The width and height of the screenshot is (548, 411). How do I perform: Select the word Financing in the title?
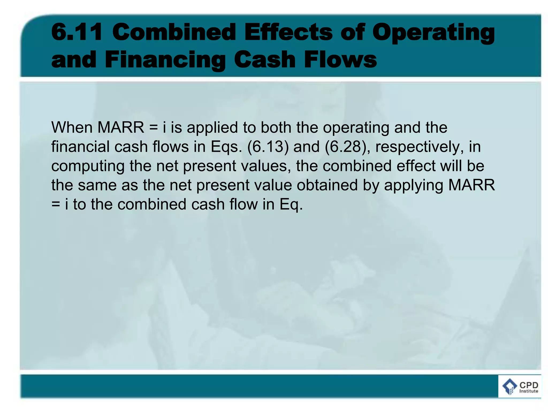click(165, 60)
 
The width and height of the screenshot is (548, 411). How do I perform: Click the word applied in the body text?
click(212, 128)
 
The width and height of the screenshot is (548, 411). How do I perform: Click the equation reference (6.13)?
click(268, 147)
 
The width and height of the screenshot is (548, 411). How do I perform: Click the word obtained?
click(327, 185)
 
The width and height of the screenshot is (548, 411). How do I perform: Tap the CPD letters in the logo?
click(529, 385)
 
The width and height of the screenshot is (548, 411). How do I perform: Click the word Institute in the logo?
click(529, 391)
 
